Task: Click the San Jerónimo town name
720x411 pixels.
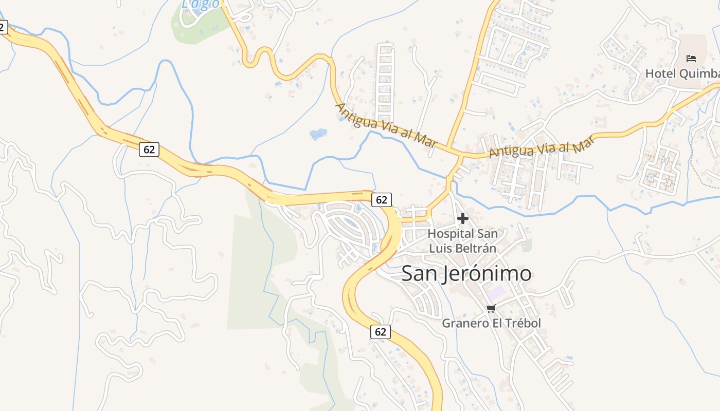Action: tap(466, 273)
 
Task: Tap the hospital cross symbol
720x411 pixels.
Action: tap(463, 219)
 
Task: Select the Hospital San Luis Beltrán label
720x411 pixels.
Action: tap(462, 241)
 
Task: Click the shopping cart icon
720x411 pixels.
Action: tap(491, 308)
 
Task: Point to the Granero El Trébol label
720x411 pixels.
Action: tap(491, 324)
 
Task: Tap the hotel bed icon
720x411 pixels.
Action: tap(691, 59)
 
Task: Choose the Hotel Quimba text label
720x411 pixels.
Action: tap(682, 74)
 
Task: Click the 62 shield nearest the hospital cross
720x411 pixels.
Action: tap(381, 200)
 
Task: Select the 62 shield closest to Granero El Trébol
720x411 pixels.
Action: tap(381, 332)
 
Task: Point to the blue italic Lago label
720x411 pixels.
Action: tap(201, 4)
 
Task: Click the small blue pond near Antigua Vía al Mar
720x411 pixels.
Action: tap(318, 135)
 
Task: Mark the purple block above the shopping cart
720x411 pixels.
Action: tap(497, 293)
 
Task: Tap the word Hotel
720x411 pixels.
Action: tap(660, 74)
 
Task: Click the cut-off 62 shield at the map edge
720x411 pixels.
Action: tap(3, 27)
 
